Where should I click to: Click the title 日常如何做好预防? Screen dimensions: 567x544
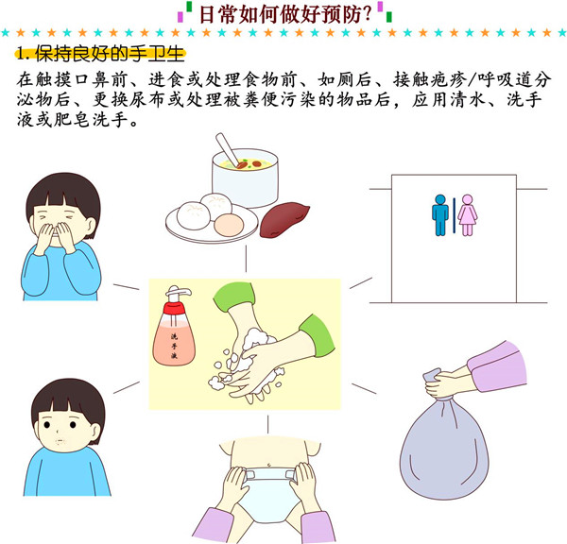pyautogui.click(x=285, y=15)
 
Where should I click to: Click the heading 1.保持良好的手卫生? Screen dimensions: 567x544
pyautogui.click(x=100, y=54)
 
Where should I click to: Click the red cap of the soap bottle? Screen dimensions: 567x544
pyautogui.click(x=174, y=308)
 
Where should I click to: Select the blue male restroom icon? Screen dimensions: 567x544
pyautogui.click(x=440, y=215)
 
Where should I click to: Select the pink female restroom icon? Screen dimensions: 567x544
pyautogui.click(x=467, y=215)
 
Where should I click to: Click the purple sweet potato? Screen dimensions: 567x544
pyautogui.click(x=284, y=219)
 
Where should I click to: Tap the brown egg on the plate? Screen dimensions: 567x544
pyautogui.click(x=229, y=224)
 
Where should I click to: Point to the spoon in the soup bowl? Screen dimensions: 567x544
pyautogui.click(x=228, y=149)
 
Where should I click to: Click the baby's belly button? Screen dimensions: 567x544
pyautogui.click(x=268, y=465)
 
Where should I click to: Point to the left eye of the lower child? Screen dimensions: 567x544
pyautogui.click(x=47, y=425)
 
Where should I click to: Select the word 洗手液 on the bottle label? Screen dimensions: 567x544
pyautogui.click(x=174, y=346)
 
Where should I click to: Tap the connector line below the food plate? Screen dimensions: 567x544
pyautogui.click(x=246, y=259)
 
